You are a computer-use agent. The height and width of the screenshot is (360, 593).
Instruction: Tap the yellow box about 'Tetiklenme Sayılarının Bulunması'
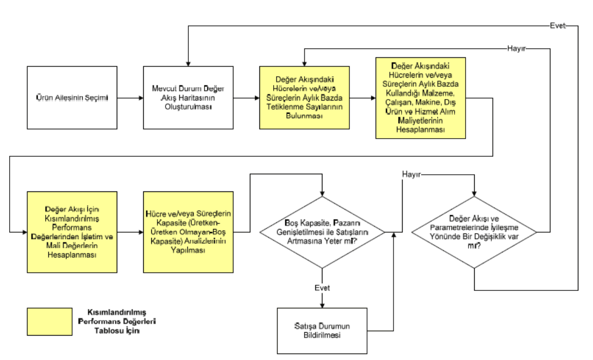[x=304, y=97]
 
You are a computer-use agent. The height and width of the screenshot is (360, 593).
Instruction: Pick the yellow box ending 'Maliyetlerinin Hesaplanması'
[x=420, y=97]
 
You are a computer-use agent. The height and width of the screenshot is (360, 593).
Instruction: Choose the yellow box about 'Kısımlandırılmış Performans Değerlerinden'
[x=73, y=232]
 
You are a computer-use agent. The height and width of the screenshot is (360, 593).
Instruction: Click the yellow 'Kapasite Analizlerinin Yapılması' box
[x=188, y=232]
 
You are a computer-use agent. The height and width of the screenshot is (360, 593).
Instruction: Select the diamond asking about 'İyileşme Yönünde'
[x=474, y=232]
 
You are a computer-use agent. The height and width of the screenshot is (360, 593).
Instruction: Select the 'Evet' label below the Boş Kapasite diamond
[x=322, y=288]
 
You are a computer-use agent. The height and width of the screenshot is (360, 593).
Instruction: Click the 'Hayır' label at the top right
[x=516, y=49]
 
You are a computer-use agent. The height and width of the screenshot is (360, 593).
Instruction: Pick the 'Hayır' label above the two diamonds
[x=411, y=175]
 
